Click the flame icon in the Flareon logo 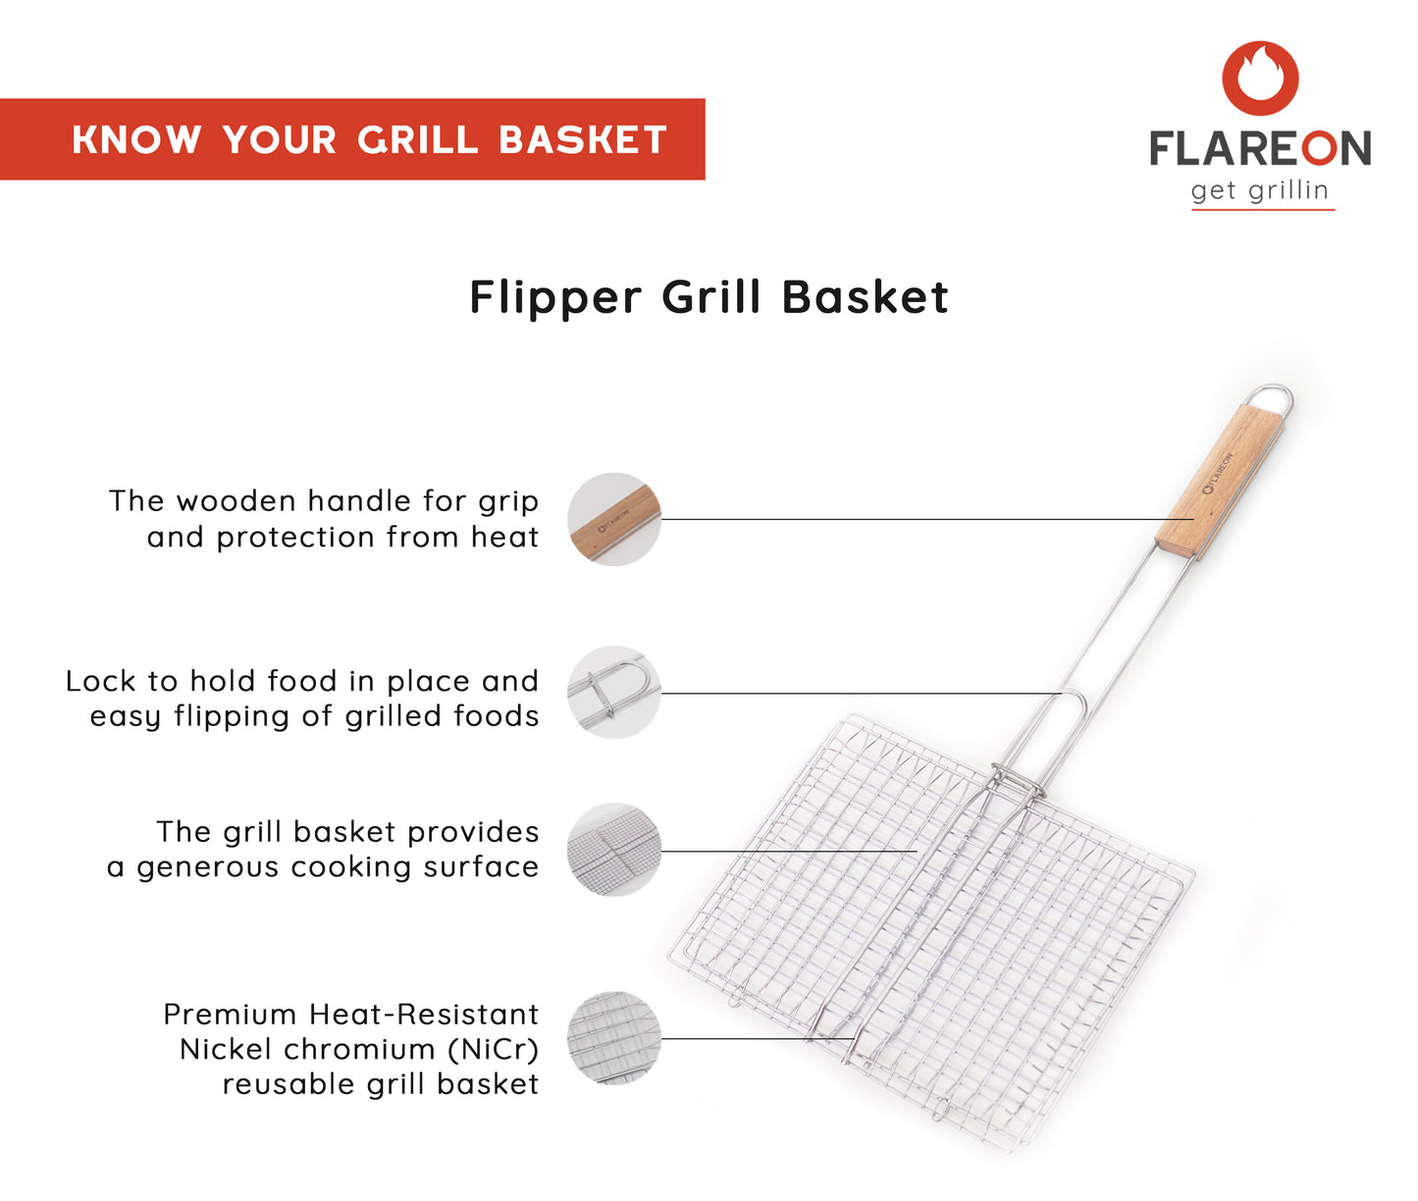(1260, 78)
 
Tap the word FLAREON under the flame (1260, 148)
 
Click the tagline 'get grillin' (1260, 190)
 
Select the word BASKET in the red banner (583, 140)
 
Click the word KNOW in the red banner (136, 140)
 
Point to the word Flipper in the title (555, 298)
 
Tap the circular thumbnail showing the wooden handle (614, 519)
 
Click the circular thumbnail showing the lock (614, 692)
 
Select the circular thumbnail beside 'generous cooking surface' (614, 850)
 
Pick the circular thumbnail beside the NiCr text (614, 1038)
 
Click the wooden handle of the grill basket (1220, 482)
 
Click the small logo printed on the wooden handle (1219, 473)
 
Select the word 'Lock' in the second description (101, 681)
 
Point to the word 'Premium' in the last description (230, 1015)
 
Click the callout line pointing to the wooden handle (927, 519)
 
